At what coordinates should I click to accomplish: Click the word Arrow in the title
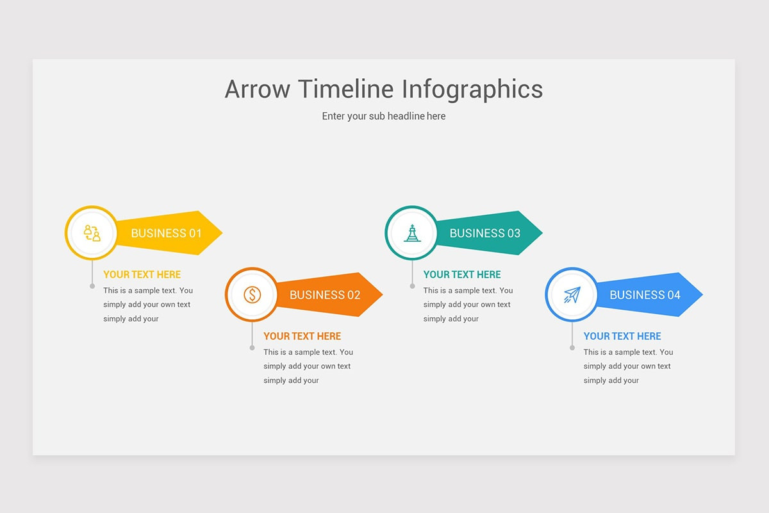(x=258, y=89)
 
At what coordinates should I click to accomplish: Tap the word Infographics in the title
(x=472, y=90)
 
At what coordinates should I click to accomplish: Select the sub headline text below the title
(x=383, y=117)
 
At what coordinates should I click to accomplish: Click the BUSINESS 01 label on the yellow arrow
(x=166, y=233)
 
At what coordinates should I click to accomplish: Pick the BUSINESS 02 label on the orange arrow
(x=325, y=295)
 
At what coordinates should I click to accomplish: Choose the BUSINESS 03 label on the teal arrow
(x=484, y=233)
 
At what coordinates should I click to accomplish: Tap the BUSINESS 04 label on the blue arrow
(x=645, y=295)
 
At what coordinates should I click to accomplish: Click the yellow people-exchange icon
(x=92, y=233)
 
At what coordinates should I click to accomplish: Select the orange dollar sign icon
(x=252, y=295)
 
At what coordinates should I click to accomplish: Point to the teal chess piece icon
(x=412, y=233)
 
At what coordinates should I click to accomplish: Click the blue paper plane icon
(x=572, y=295)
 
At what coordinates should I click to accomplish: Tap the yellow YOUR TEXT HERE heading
(x=142, y=274)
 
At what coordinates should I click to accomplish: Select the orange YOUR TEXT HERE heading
(x=302, y=336)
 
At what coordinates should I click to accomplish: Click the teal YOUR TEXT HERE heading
(x=462, y=274)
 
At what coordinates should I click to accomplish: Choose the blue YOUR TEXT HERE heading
(x=622, y=336)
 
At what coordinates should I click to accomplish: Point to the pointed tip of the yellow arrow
(x=222, y=233)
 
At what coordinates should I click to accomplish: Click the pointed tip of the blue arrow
(x=703, y=294)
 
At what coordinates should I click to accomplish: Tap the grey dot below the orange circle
(x=252, y=348)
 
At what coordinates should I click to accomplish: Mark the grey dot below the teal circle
(x=412, y=286)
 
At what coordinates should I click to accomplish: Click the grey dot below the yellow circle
(x=92, y=286)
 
